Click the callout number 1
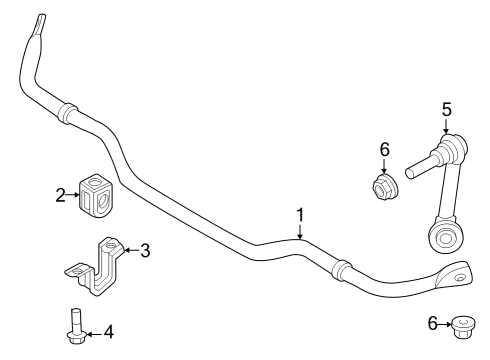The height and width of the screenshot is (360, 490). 300,215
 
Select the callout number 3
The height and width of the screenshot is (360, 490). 145,250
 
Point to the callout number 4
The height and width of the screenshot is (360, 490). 109,331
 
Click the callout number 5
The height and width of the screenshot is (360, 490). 447,111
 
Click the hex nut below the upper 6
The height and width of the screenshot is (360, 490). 383,186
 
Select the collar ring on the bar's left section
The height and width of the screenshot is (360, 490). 68,112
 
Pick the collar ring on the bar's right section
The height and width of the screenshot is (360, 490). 340,271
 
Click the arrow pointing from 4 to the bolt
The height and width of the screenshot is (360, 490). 93,331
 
